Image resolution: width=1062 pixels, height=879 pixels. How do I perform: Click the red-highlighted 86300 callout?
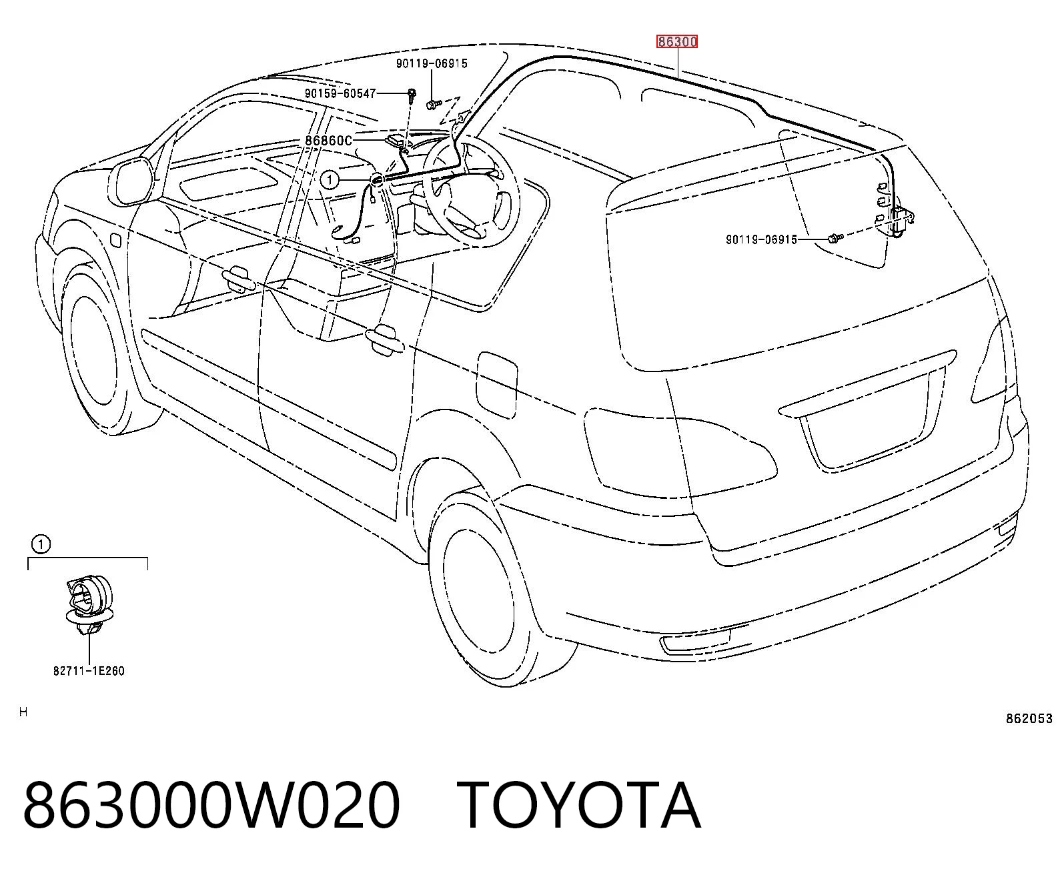(676, 42)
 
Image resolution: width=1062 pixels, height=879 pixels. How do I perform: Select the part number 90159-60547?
(340, 93)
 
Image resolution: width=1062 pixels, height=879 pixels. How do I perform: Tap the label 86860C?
(329, 141)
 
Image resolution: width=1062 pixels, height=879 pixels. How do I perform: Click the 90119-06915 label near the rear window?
(761, 239)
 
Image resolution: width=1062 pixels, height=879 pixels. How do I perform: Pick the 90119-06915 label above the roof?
(432, 63)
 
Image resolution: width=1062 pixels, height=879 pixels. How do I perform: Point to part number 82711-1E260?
(89, 671)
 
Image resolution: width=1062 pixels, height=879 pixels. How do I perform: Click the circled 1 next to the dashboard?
(330, 180)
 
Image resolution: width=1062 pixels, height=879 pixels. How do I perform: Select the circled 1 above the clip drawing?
(41, 545)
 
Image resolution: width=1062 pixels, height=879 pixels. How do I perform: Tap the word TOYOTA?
(579, 806)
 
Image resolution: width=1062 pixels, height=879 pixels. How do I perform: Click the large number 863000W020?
(211, 806)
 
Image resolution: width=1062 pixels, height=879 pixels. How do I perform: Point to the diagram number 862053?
(1029, 719)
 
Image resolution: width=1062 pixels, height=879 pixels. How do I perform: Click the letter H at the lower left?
(23, 712)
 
